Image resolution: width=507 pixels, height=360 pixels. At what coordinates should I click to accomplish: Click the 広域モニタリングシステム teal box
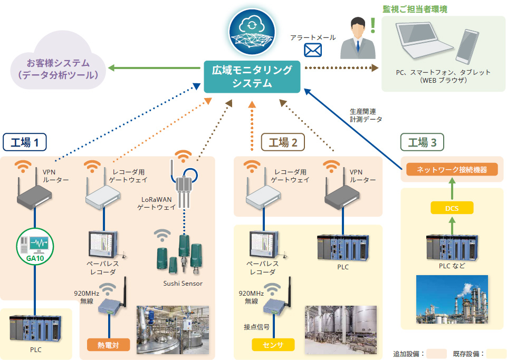coord(252,76)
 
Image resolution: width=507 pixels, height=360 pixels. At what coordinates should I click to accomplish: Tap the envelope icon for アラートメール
coord(313,50)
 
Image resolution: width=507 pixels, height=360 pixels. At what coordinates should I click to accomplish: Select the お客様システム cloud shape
coord(58,69)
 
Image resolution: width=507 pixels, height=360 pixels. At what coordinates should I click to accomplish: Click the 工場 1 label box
coord(25,142)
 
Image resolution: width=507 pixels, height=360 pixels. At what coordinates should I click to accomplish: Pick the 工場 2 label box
coord(283,142)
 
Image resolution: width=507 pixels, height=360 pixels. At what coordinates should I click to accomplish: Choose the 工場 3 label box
coord(422,142)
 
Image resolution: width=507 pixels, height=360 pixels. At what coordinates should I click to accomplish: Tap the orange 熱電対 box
coord(108,346)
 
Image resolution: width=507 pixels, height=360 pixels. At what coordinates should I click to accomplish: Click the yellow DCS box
coord(452,208)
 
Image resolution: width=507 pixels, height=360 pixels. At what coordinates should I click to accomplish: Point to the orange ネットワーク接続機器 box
coord(452,170)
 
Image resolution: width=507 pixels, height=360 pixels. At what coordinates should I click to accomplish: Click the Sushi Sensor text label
coord(183,284)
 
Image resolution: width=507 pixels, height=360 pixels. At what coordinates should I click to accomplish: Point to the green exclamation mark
coord(373,25)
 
